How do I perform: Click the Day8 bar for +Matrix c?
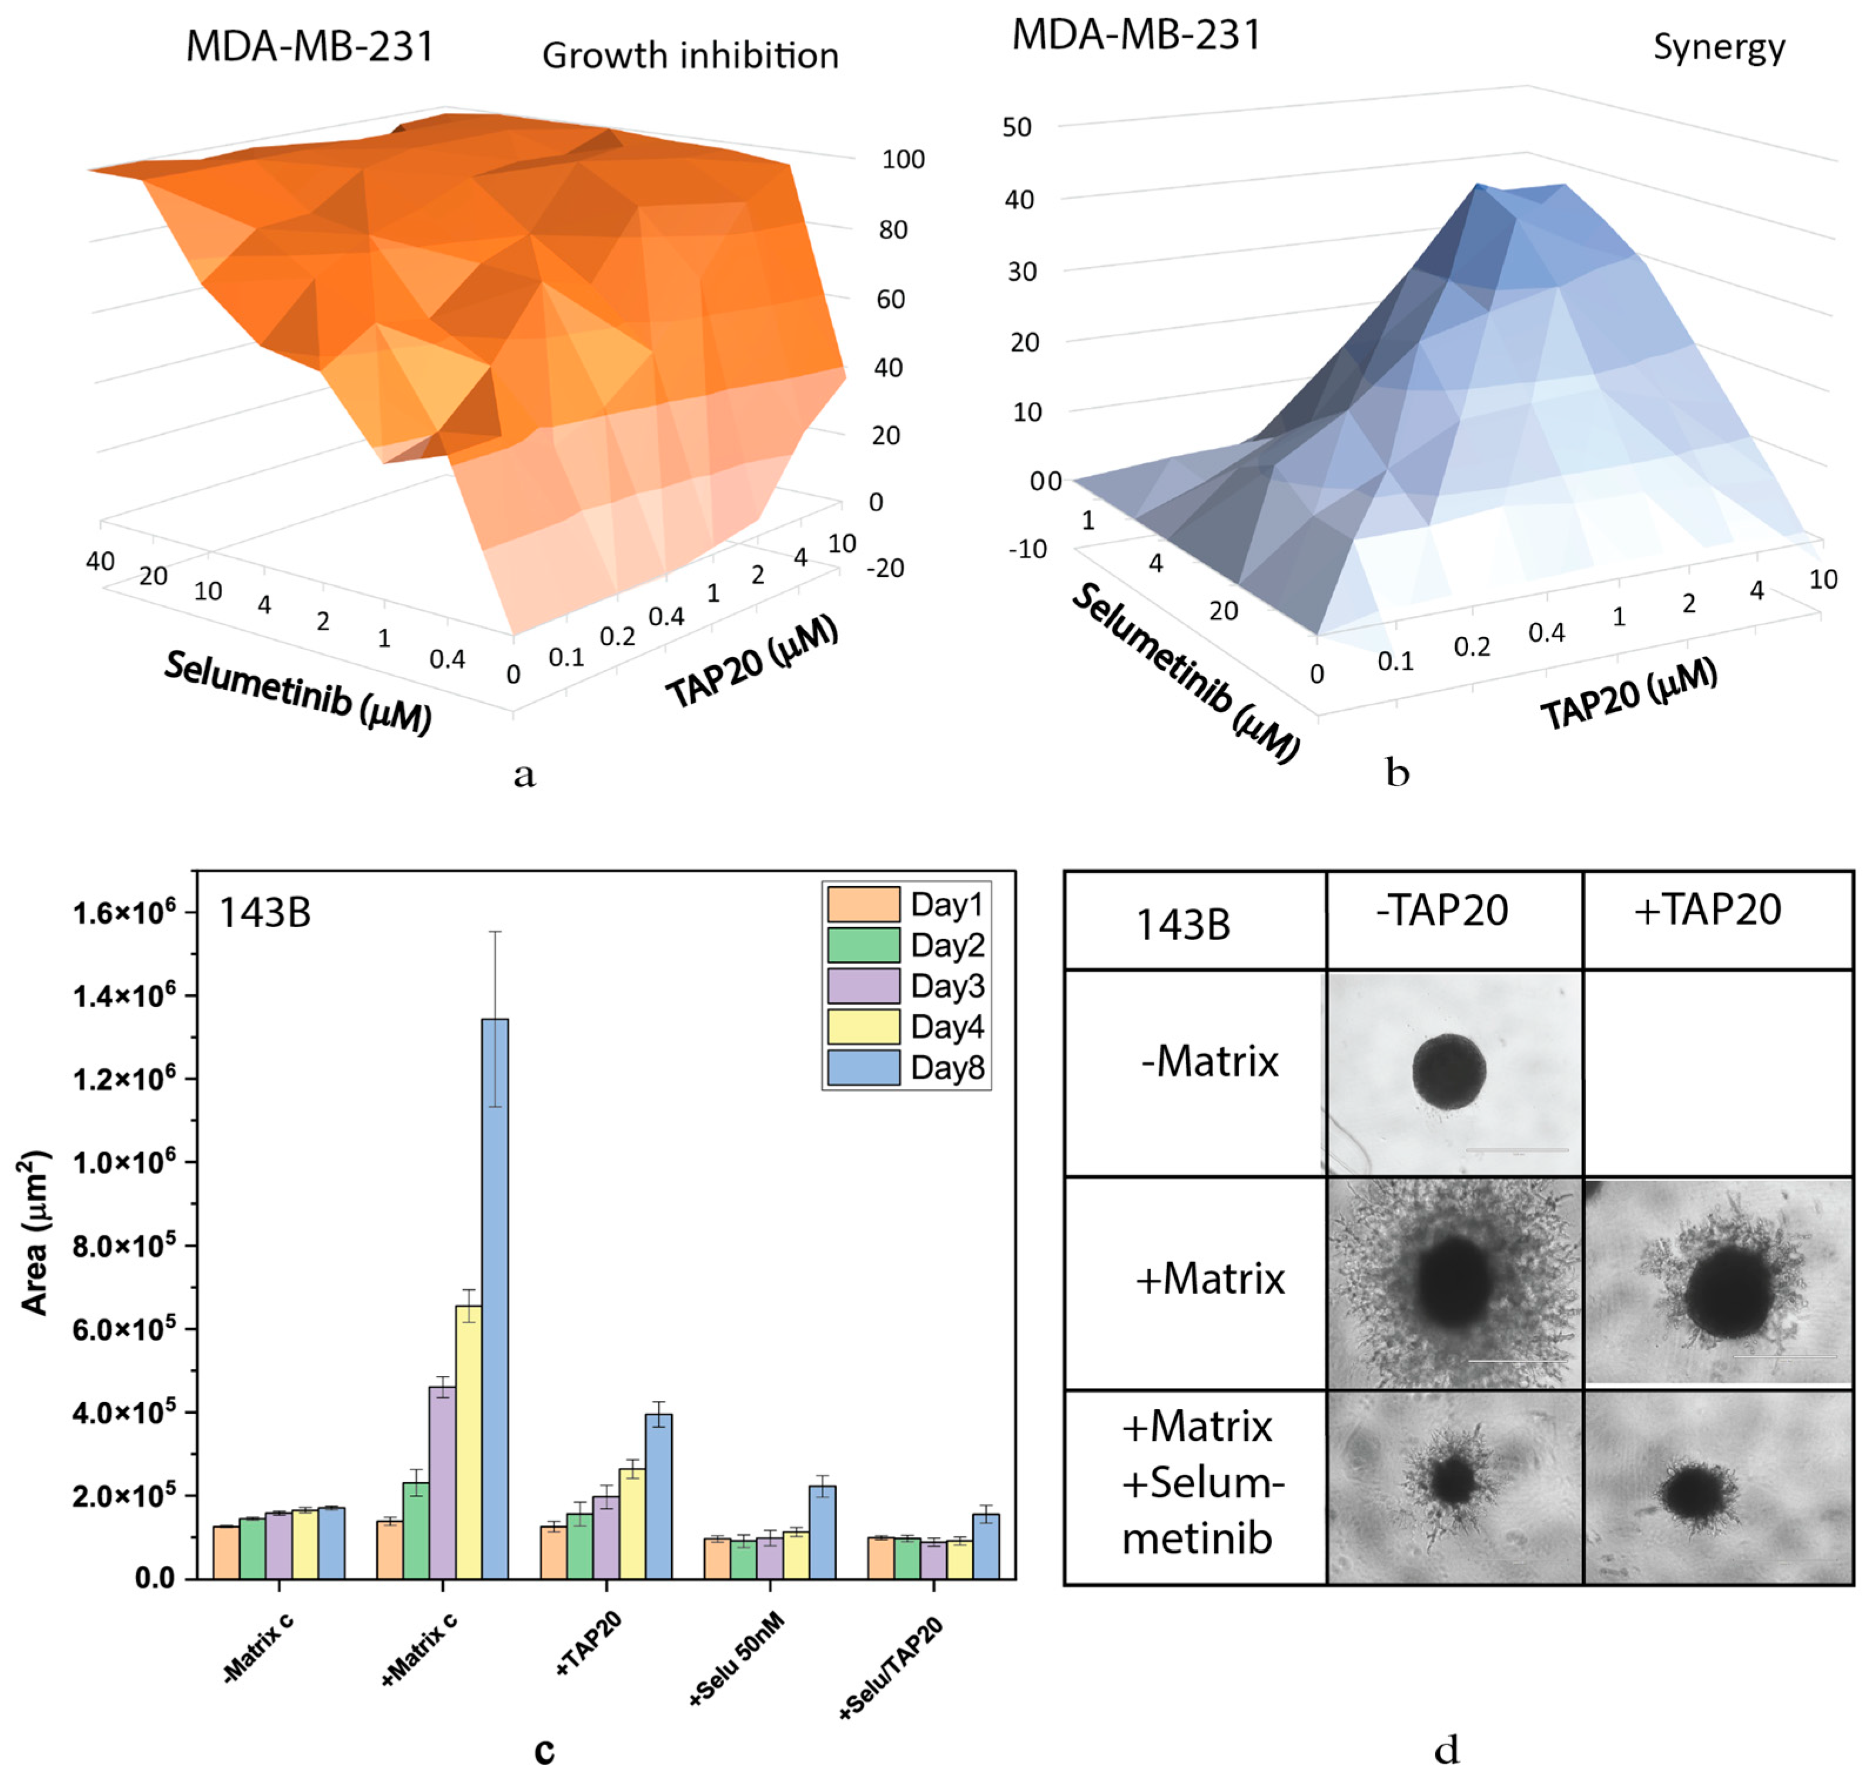pos(495,1300)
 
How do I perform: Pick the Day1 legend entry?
pos(906,904)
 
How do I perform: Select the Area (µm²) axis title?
pos(35,1233)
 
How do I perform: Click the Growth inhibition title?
pos(691,55)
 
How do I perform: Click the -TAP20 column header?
pos(1442,910)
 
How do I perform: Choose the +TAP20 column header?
pos(1707,910)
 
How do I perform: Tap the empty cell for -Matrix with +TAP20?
pos(1717,1073)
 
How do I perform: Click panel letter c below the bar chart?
pos(544,1750)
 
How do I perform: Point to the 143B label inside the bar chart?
pos(265,913)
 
